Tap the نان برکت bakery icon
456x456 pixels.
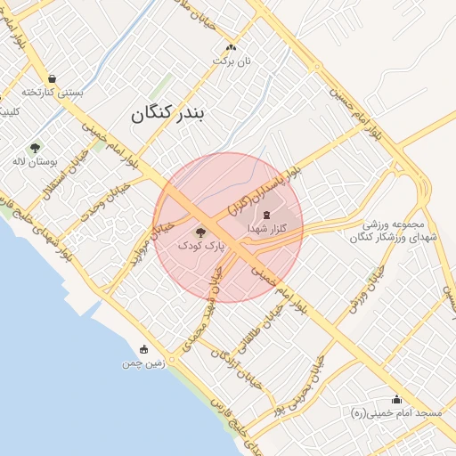coord(232,47)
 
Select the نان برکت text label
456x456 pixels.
coord(232,61)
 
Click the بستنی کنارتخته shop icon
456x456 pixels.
coord(53,78)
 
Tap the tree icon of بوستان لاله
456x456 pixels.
coord(36,148)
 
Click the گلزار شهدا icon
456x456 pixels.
coord(266,215)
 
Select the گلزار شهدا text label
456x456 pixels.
coord(266,229)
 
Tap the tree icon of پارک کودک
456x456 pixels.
coord(198,231)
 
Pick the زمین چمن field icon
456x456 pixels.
coord(143,349)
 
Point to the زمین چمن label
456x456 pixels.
coord(143,363)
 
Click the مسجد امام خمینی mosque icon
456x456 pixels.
coord(396,399)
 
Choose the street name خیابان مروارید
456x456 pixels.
coord(148,248)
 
